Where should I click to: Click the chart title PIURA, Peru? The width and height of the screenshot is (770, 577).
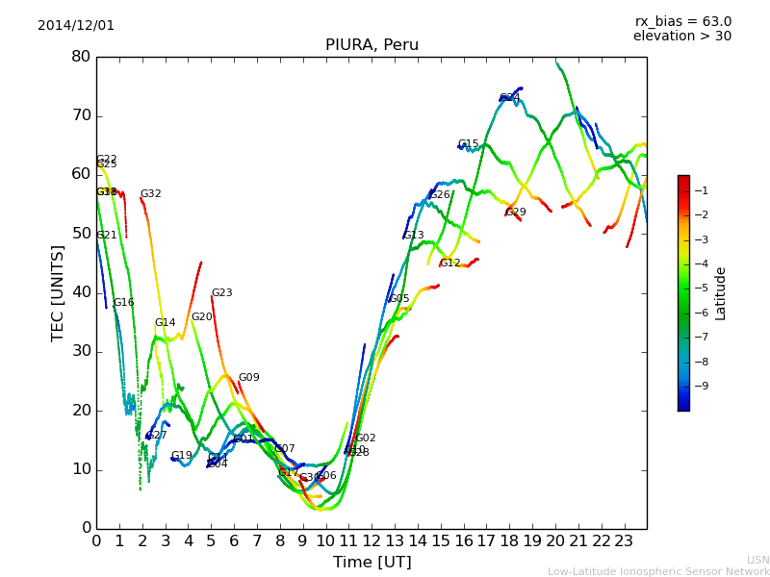[x=372, y=45]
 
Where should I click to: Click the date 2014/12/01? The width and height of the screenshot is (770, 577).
[x=76, y=26]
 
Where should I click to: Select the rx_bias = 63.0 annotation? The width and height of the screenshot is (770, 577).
[x=682, y=21]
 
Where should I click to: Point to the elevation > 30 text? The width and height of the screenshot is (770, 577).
[x=681, y=37]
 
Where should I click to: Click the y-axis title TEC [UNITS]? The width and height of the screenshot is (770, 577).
[x=58, y=292]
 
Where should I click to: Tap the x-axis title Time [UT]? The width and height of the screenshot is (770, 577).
[x=372, y=563]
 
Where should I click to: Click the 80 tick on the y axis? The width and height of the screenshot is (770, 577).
[x=81, y=57]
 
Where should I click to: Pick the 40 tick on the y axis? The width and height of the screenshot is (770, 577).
[x=81, y=292]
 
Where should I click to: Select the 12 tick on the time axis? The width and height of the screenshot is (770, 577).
[x=372, y=540]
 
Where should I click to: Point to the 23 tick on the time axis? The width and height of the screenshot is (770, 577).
[x=624, y=540]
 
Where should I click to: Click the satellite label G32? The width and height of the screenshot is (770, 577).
[x=150, y=194]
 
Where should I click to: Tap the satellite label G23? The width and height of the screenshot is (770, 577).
[x=221, y=293]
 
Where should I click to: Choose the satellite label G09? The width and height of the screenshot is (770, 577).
[x=248, y=378]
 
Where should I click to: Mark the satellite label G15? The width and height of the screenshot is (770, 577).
[x=468, y=144]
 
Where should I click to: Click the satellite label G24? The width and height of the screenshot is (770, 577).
[x=509, y=98]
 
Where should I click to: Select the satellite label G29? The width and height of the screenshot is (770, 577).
[x=516, y=213]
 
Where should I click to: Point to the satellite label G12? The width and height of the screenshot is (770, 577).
[x=449, y=263]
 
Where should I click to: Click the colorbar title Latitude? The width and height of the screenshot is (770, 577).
[x=720, y=292]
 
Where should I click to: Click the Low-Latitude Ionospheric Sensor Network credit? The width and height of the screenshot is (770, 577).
[x=658, y=571]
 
